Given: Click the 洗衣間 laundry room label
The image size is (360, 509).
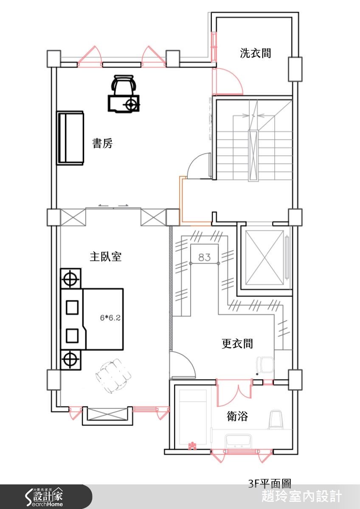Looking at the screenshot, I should click(255, 53).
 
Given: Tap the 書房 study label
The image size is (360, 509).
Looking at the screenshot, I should click(103, 143).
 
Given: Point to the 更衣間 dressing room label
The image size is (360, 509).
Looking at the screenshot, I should click(237, 343).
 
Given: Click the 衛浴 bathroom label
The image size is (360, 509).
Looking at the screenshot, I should click(237, 416).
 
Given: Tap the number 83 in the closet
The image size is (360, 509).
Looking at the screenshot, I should click(204, 257).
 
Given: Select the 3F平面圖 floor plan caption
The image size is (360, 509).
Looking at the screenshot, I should click(270, 483).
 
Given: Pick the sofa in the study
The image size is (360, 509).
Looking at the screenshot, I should click(70, 137).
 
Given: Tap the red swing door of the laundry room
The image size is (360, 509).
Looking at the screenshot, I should click(228, 81).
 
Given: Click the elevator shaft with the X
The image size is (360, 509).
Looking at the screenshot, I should click(264, 258).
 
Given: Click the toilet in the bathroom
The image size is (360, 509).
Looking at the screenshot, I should click(276, 420).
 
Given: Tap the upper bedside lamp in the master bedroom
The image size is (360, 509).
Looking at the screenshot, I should click(70, 279).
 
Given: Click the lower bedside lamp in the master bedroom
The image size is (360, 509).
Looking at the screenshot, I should click(70, 359).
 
